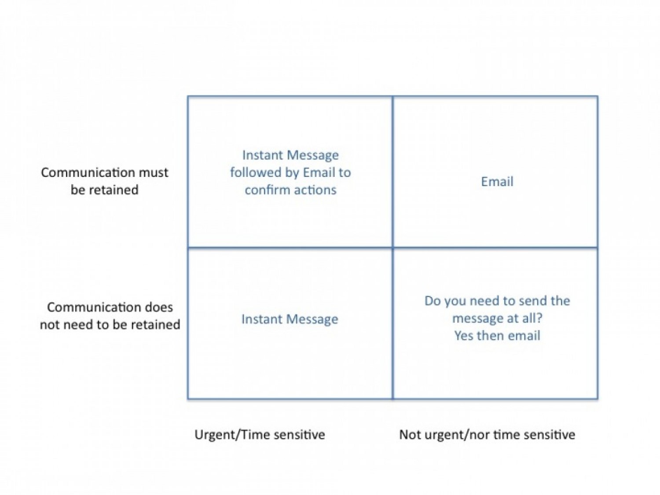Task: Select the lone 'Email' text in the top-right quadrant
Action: coord(497,182)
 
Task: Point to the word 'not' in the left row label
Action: coord(50,325)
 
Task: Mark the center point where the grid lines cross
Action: coord(392,248)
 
